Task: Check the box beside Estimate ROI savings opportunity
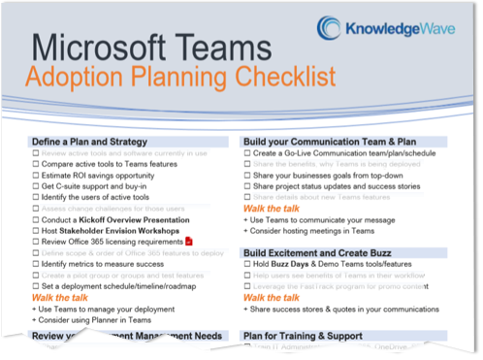35,176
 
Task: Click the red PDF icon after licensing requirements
189,241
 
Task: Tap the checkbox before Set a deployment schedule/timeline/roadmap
35,286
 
